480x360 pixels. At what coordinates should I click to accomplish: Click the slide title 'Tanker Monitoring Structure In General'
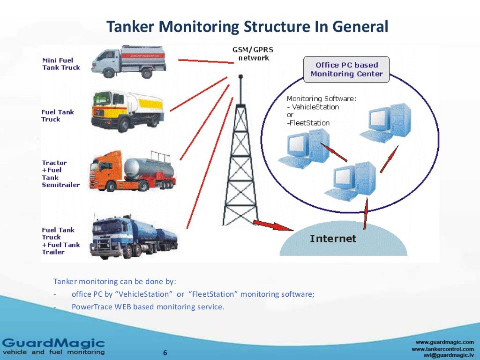[247, 26]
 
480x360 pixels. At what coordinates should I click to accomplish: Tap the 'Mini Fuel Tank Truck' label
[61, 64]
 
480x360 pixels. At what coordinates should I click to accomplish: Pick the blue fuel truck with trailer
[134, 236]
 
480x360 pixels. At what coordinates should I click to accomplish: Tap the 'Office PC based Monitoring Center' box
[346, 69]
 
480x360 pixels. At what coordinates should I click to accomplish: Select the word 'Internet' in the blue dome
[333, 239]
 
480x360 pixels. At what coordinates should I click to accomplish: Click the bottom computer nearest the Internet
[352, 180]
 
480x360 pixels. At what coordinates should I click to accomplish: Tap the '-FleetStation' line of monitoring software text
[308, 123]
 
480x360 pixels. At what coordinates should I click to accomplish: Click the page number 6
[165, 353]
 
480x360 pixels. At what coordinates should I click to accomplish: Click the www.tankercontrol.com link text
[442, 349]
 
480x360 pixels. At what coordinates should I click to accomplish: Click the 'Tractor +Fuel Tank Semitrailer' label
[60, 174]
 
